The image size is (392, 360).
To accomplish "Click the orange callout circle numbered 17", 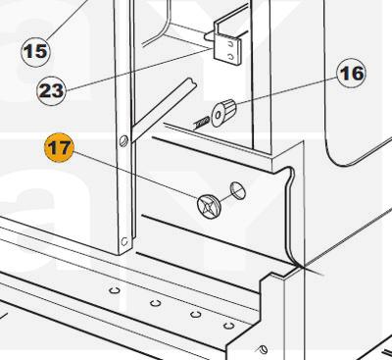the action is pos(59,148).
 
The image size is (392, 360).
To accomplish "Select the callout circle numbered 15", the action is pos(35,52).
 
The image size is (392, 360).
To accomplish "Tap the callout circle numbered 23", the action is pos(51,90).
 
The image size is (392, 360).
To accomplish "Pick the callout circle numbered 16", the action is pos(352,74).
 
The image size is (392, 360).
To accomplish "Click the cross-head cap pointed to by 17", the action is pos(209,206).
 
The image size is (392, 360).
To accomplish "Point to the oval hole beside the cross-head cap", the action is pos(238,190).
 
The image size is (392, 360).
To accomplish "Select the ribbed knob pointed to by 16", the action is pos(223,112).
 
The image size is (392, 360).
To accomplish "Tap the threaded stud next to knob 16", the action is pos(201,124).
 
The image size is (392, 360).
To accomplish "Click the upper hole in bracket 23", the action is pos(231,44).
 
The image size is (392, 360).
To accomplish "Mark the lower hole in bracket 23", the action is pos(231,57).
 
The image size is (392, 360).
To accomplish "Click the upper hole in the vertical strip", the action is pos(122,141).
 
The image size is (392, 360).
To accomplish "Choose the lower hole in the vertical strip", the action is pos(124,241).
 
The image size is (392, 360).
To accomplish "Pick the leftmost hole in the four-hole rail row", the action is pos(114,290).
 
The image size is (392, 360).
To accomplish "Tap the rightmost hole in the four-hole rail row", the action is pos(228,326).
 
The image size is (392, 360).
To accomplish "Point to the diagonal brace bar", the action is pos(164,110).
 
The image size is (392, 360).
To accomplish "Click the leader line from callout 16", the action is pos(286,91).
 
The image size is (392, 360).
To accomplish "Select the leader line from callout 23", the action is pos(138,69).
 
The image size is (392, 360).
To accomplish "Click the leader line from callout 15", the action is pos(68,20).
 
